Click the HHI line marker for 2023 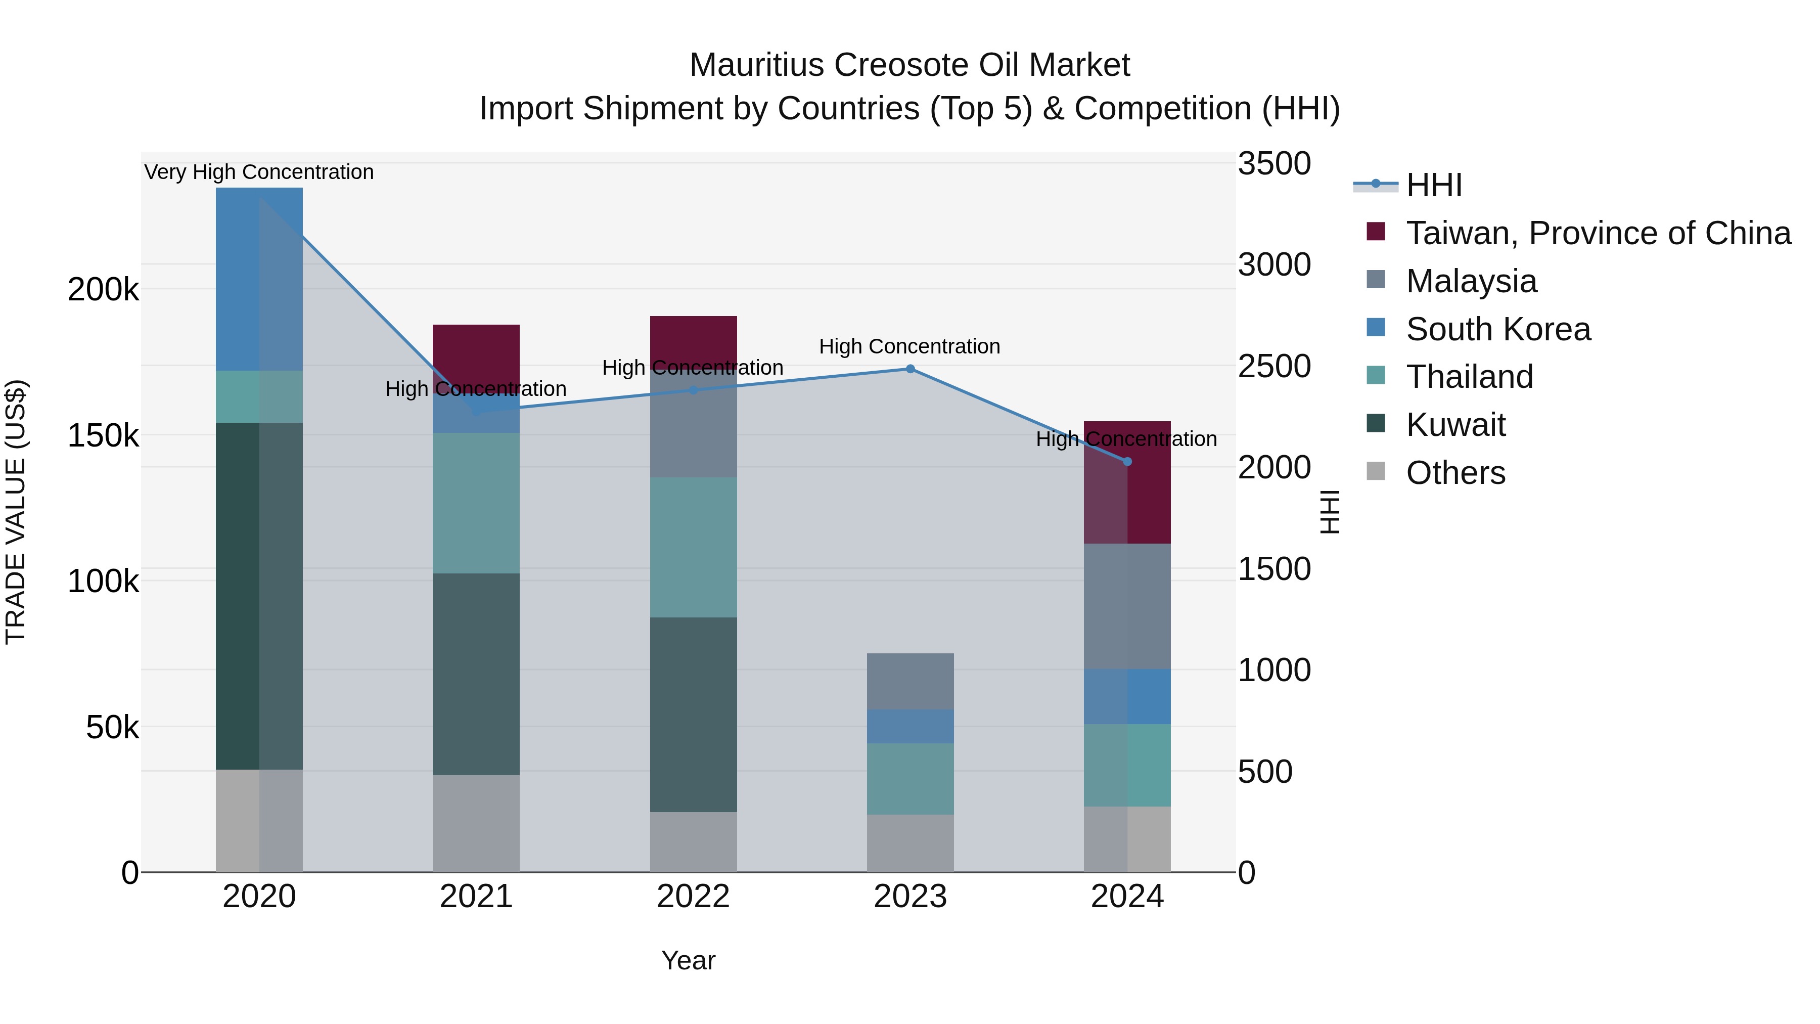pos(910,369)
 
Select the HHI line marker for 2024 pos(1127,462)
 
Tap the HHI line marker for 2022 pos(693,390)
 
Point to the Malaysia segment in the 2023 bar pos(910,681)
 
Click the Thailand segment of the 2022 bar pos(693,547)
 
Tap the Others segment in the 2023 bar pos(910,843)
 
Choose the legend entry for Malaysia pos(1471,281)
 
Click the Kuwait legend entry pos(1455,425)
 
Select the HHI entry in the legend pos(1434,185)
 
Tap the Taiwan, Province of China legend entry pos(1598,233)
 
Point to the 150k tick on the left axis pos(103,436)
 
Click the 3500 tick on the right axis pos(1274,164)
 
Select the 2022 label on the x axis pos(693,897)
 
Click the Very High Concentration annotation pos(258,172)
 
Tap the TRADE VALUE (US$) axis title pos(16,512)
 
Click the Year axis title pos(688,960)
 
